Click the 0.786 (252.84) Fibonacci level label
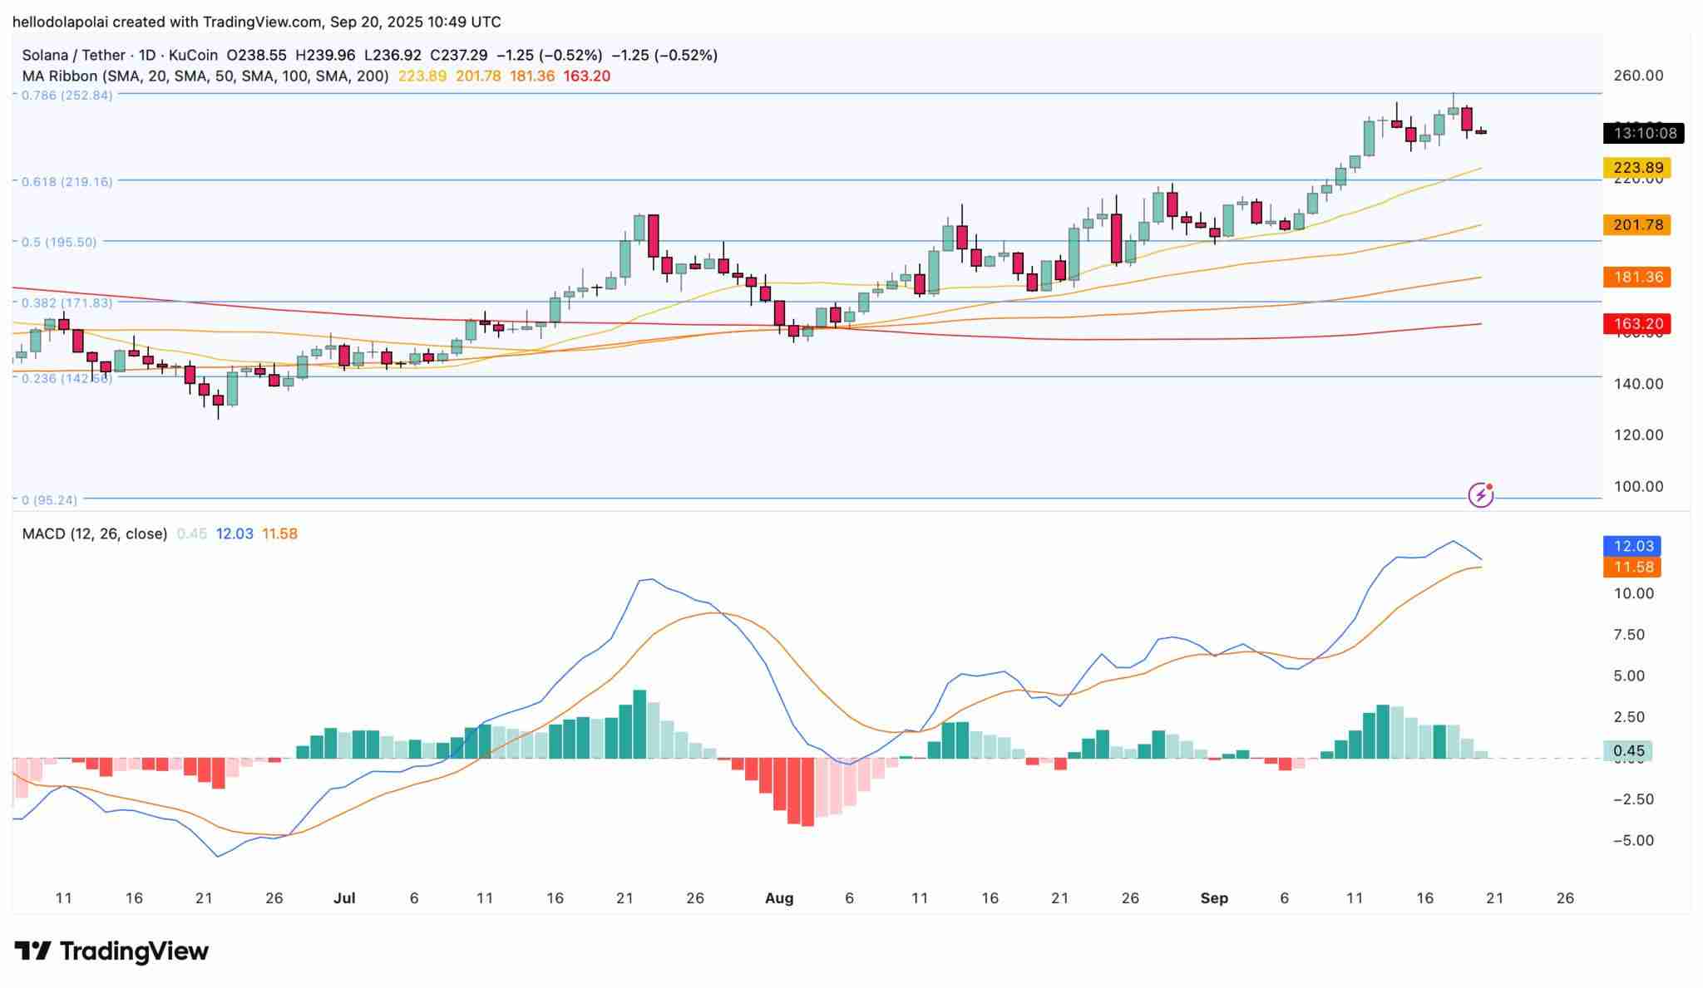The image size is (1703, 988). tap(67, 95)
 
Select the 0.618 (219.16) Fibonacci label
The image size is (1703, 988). tap(67, 181)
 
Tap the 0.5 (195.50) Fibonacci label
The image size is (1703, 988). tap(59, 242)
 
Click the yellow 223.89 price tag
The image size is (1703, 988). tap(1636, 168)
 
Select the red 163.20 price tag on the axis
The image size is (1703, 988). tap(1636, 323)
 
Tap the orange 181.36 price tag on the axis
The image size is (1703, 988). tap(1636, 277)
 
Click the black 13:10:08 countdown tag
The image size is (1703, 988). tap(1643, 133)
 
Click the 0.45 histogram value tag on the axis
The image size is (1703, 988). tap(1628, 751)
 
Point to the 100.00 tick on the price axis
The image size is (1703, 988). tap(1638, 486)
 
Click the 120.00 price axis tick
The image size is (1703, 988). tap(1638, 435)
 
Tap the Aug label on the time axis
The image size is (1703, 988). tap(779, 897)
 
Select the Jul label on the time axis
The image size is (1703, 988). tap(344, 897)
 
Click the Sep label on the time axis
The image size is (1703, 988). tap(1214, 897)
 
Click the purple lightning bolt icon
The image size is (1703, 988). tap(1481, 495)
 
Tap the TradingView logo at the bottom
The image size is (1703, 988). tap(111, 951)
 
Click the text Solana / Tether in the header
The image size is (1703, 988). tap(73, 55)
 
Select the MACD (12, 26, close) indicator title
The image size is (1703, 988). tap(94, 533)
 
